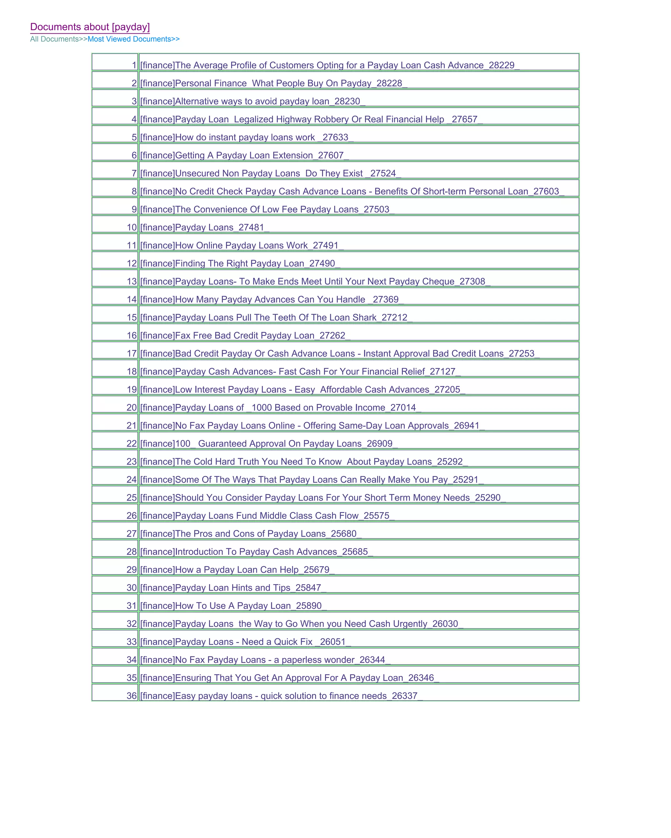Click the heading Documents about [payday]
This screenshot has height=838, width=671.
tap(90, 27)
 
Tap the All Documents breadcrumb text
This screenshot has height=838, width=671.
tap(54, 39)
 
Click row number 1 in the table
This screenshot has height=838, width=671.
tap(134, 65)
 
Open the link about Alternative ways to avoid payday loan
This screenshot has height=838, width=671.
tap(252, 101)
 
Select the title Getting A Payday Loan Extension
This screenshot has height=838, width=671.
tap(244, 155)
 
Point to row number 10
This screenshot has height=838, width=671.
tap(132, 228)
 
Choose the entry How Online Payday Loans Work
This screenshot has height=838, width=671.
tap(241, 246)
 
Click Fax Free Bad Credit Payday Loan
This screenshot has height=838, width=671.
tap(244, 336)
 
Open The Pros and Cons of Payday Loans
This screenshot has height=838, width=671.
tap(250, 534)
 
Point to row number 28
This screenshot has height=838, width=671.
tap(132, 552)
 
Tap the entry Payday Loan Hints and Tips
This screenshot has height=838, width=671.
tap(232, 588)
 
